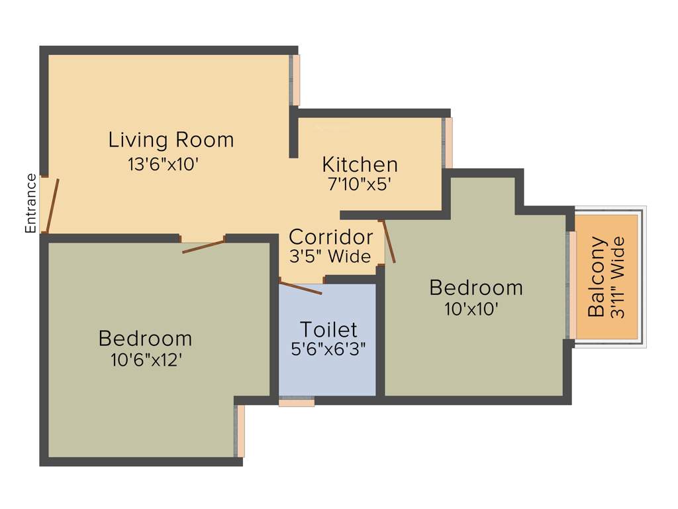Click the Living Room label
171,140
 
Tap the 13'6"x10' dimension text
164,164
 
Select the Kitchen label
360,164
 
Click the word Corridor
331,237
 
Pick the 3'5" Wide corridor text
330,256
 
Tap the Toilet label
328,329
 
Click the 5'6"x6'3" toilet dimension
328,349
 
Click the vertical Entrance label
30,203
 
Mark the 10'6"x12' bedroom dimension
146,360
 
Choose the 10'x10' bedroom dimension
473,308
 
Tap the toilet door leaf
301,288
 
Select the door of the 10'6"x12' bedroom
203,247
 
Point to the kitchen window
449,142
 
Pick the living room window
296,80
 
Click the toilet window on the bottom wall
296,402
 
